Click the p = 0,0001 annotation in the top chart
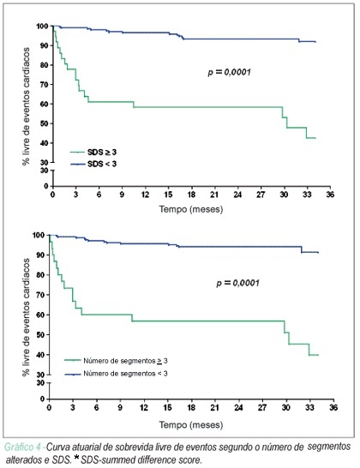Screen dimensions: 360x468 tap(229, 72)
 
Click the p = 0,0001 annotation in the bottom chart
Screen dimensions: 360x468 tap(237, 283)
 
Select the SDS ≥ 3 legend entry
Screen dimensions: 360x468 tap(93, 153)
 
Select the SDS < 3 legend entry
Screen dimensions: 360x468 tap(93, 164)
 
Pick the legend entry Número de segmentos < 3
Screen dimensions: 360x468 tap(116, 374)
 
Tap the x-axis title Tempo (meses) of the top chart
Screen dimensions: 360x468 tap(191, 209)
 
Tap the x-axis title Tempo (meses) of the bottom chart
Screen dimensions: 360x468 tap(191, 425)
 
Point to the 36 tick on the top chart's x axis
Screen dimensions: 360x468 tap(330, 195)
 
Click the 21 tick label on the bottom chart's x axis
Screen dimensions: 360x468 tap(214, 407)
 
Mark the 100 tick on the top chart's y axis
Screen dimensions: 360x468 tap(42, 27)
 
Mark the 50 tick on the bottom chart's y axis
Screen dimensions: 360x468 tap(40, 334)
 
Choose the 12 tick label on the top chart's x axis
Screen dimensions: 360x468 tap(145, 195)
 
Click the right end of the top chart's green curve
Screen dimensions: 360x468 tap(315, 138)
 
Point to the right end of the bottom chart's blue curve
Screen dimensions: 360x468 tap(319, 253)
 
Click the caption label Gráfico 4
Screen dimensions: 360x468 tap(22, 447)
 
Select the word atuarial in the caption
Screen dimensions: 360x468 tap(81, 447)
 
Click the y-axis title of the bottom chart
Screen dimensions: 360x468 tap(27, 317)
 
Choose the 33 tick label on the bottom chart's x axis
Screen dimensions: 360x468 tap(309, 407)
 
